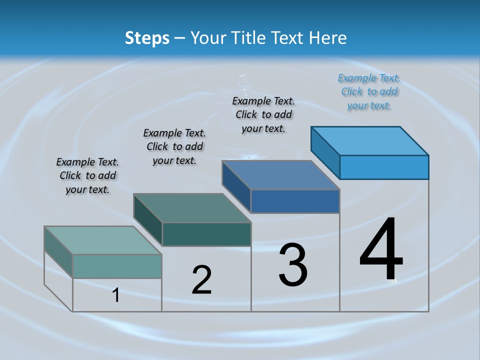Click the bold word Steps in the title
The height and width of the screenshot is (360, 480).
click(x=147, y=38)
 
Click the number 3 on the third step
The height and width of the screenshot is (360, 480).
click(x=293, y=265)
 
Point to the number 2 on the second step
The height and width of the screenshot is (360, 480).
click(x=201, y=280)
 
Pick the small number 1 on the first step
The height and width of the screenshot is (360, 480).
click(x=116, y=295)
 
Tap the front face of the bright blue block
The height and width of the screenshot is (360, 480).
click(x=384, y=167)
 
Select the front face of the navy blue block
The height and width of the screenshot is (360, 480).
click(x=295, y=201)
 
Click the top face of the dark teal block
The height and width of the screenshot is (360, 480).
click(x=192, y=208)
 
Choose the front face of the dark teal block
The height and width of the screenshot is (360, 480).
click(x=206, y=234)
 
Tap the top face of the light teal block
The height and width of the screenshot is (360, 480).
click(x=103, y=240)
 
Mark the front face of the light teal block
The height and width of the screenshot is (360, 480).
click(x=117, y=266)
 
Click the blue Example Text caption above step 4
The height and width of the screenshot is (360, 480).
click(x=369, y=91)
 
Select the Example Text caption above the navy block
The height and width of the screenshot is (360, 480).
click(x=263, y=114)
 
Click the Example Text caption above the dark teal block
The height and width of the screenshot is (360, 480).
click(x=174, y=146)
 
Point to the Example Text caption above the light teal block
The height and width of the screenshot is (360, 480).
click(x=87, y=175)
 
